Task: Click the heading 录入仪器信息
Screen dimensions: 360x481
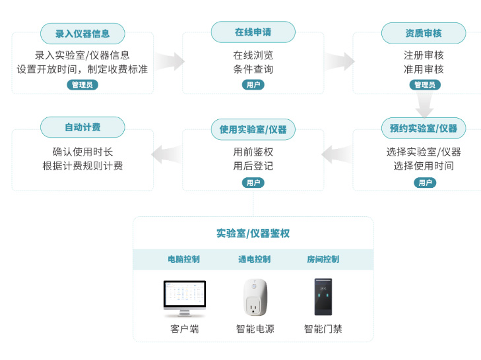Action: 82,33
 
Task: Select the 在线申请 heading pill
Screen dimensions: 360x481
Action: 253,32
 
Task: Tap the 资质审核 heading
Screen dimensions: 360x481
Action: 424,33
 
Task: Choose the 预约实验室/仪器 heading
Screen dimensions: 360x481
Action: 424,128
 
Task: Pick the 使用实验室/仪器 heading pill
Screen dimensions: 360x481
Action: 253,129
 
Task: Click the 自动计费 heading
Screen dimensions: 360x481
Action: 82,127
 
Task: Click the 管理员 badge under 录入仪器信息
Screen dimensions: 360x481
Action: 82,84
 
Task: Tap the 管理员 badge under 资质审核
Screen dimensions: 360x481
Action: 424,84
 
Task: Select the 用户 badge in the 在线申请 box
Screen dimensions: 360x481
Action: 253,84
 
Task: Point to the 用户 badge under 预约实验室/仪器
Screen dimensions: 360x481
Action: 424,183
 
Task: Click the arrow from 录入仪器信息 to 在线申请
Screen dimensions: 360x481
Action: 169,61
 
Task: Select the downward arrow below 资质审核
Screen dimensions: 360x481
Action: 424,105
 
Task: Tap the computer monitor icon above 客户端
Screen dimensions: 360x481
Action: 184,299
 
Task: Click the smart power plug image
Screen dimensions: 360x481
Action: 255,297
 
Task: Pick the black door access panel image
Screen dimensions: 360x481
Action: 323,297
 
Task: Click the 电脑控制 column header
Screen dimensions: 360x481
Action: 184,259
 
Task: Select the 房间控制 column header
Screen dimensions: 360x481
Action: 323,259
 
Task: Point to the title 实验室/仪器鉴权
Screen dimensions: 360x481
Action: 253,233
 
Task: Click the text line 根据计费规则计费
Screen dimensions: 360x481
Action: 82,166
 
